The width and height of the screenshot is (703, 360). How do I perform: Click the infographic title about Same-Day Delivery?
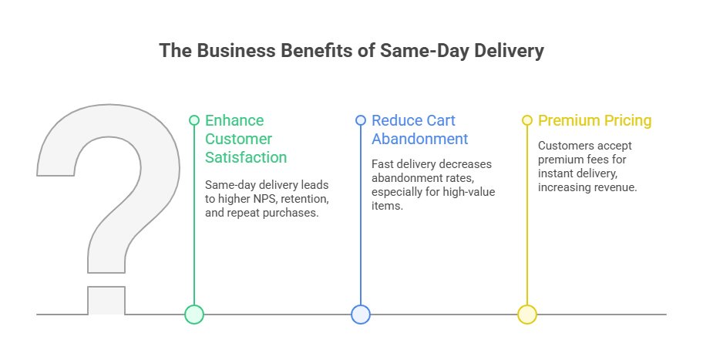coord(351,51)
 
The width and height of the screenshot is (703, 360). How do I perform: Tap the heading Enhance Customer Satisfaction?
coord(245,139)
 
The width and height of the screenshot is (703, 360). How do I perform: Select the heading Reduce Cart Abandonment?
coord(420,130)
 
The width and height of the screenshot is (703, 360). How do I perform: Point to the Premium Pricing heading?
coord(594,120)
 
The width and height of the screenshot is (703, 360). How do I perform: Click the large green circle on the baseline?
coord(194,315)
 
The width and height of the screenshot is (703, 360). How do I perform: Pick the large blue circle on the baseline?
coord(361,315)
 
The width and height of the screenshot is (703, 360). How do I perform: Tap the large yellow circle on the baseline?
coord(527,315)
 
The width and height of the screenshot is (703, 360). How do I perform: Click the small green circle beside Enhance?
coord(194,120)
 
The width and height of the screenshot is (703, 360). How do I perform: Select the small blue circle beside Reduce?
coord(361,120)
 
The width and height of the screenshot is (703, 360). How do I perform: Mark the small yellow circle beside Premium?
coord(527,120)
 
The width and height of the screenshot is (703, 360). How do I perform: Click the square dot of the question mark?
coord(106,301)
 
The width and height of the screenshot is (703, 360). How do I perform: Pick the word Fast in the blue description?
coord(383,164)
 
